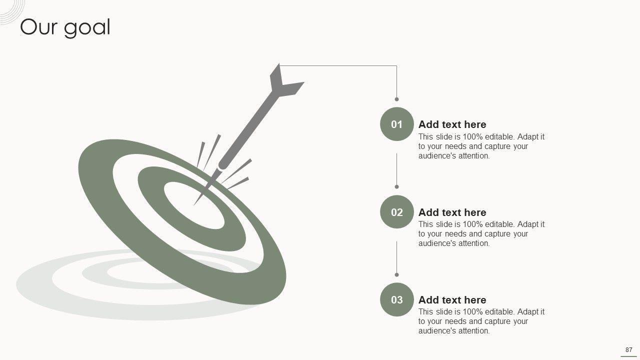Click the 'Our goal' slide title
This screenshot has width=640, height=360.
[65, 27]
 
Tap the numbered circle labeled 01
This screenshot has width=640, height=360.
[397, 124]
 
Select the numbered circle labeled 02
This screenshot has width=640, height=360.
[397, 211]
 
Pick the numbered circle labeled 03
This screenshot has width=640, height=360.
[397, 299]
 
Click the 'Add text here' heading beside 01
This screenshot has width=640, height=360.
[452, 124]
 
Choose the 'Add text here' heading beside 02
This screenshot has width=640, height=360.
[452, 212]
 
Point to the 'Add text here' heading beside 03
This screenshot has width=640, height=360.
[452, 300]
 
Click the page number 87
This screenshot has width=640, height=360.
[628, 349]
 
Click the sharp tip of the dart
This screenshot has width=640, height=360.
[194, 205]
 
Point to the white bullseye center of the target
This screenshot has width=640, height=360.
[194, 205]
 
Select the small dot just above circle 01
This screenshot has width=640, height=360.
[396, 99]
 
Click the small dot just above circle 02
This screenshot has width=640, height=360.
[396, 187]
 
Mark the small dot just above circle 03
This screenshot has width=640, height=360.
[396, 275]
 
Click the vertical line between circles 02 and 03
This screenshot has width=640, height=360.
[396, 257]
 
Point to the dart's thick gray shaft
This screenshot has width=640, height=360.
[248, 129]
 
